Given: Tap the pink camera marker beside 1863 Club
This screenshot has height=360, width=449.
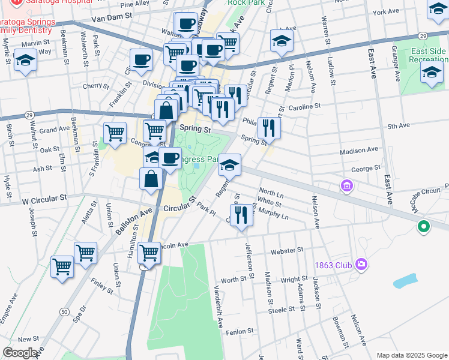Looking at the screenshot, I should pyautogui.click(x=361, y=264).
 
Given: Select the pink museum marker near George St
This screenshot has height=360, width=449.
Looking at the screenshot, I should pyautogui.click(x=346, y=187).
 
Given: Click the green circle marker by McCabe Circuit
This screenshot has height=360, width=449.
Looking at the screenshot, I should pyautogui.click(x=424, y=227).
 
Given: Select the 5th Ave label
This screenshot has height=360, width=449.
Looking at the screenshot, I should pyautogui.click(x=398, y=126).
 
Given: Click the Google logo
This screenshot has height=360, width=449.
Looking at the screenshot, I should pyautogui.click(x=20, y=352).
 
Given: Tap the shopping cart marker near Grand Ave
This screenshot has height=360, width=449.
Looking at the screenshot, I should pyautogui.click(x=115, y=132).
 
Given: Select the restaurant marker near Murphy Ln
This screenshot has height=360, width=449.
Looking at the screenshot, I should pyautogui.click(x=241, y=214).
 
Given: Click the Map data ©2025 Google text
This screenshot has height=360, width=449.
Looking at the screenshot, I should pyautogui.click(x=411, y=355).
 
